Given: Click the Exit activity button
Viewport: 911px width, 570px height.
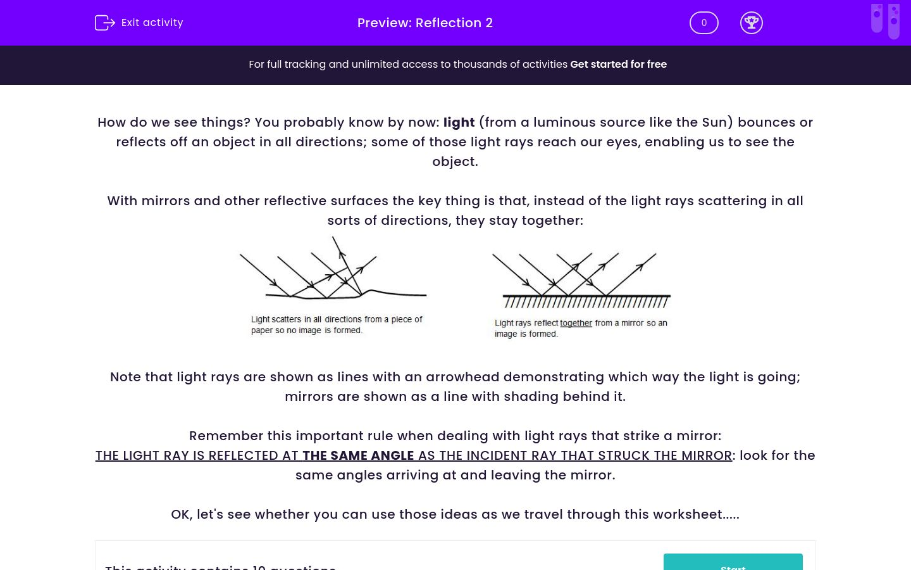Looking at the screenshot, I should click(139, 23).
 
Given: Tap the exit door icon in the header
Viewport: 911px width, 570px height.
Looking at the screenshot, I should click(104, 23).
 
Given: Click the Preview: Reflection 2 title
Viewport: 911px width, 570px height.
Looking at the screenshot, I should click(425, 23).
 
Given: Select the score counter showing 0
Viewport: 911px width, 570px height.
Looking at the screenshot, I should click(703, 23).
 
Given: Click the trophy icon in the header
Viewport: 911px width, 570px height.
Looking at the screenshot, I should click(751, 23).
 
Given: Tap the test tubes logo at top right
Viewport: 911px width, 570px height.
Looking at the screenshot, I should click(885, 20).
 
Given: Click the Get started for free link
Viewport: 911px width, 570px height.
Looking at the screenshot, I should click(618, 64).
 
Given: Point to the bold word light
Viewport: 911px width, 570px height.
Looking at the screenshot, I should click(459, 122).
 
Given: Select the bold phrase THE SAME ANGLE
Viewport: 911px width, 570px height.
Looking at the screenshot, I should click(358, 455).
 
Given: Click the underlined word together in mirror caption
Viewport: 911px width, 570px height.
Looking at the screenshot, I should click(576, 323).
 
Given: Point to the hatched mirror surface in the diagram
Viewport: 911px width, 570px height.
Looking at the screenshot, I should click(586, 301).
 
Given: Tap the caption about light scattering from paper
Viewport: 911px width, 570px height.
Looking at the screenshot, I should click(336, 324).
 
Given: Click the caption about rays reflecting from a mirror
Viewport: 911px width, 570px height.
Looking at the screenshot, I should click(580, 328).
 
